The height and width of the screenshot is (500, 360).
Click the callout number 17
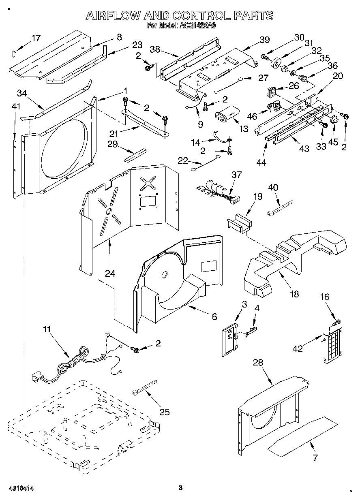[36, 38]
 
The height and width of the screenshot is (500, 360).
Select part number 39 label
[264, 40]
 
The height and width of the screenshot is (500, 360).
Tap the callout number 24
[110, 274]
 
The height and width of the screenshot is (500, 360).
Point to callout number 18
[294, 294]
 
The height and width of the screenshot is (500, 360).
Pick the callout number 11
[47, 329]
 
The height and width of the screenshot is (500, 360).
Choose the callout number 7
[315, 458]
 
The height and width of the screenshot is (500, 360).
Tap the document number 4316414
[20, 489]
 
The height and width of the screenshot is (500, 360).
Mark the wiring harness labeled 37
[219, 191]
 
